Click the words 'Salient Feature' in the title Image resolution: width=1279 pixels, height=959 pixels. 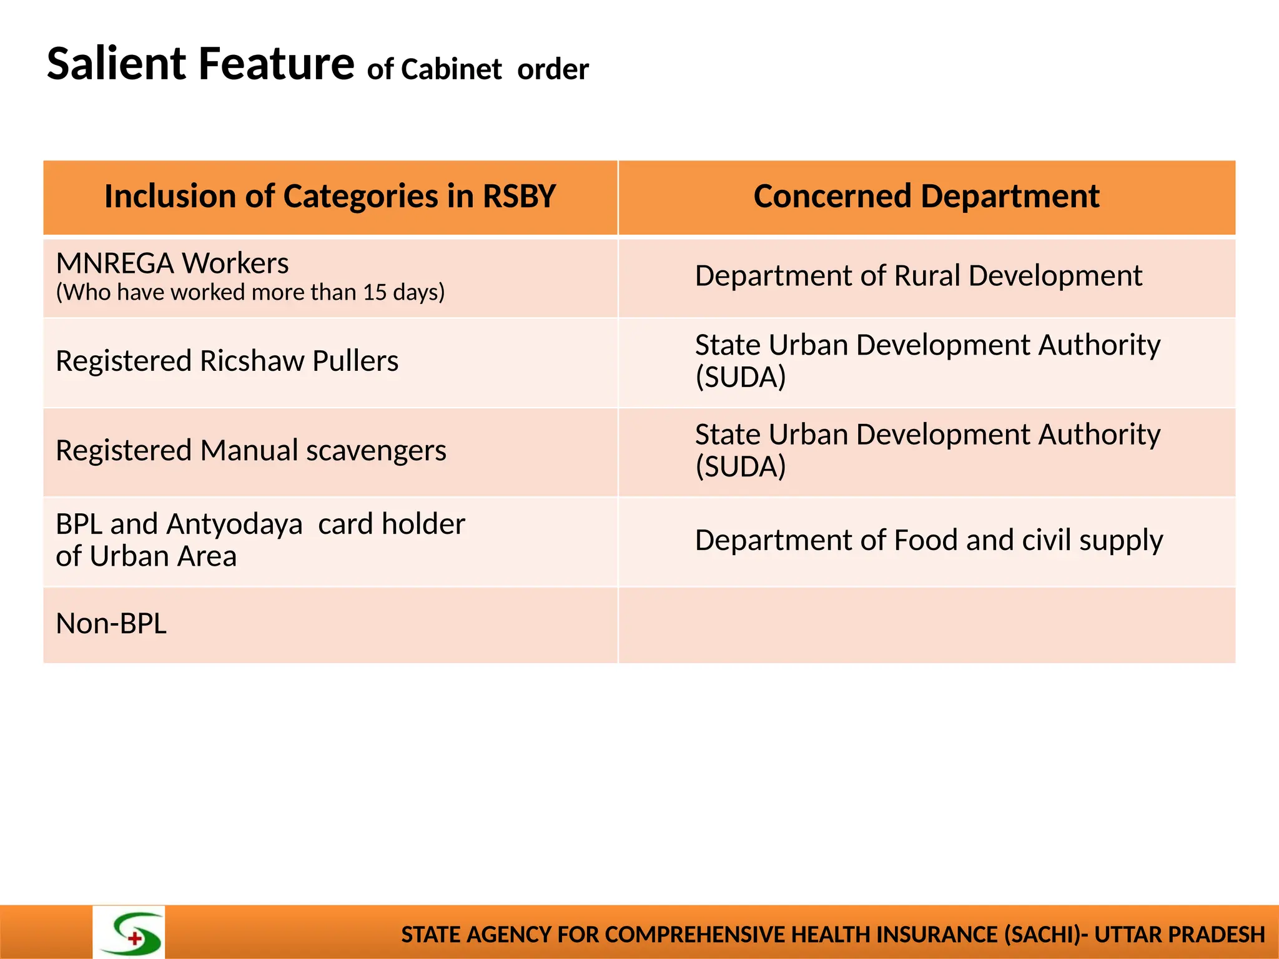(200, 64)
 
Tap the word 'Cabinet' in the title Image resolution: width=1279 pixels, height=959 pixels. (451, 69)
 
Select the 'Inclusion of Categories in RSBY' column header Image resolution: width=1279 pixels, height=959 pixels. (330, 197)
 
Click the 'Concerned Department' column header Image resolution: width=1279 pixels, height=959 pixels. (926, 197)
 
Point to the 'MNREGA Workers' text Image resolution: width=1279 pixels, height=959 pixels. (172, 263)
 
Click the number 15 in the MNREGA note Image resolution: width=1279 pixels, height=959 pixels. (375, 292)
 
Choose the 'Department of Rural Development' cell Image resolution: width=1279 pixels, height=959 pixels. (918, 276)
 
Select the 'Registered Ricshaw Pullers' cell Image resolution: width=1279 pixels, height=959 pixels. (227, 361)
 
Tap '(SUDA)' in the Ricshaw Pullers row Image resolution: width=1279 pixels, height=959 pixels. (741, 377)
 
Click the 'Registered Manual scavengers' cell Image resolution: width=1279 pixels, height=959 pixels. (251, 450)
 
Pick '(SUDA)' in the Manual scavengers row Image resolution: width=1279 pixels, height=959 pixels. (741, 466)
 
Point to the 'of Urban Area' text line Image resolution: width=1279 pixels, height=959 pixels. (146, 556)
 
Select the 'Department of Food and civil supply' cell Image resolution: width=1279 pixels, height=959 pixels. (929, 540)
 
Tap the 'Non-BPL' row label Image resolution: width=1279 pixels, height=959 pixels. (111, 624)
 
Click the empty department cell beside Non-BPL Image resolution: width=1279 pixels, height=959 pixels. (926, 625)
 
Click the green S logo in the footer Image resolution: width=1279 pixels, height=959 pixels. (129, 933)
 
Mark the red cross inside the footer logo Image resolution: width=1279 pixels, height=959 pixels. (135, 938)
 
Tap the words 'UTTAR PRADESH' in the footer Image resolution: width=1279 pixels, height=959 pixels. (1179, 935)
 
